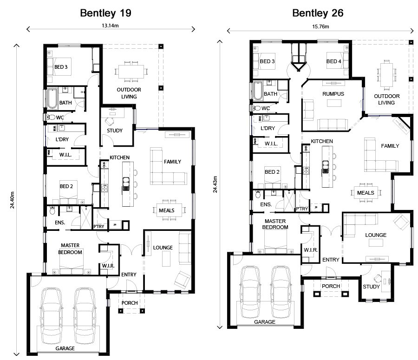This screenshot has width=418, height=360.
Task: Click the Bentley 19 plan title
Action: (x=105, y=13)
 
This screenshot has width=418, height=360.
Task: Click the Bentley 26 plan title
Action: (x=318, y=13)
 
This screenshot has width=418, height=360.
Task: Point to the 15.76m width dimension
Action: (x=320, y=26)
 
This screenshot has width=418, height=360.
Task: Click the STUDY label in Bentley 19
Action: (x=115, y=131)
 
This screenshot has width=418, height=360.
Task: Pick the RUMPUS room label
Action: (x=333, y=94)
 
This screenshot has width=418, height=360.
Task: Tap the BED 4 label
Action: (x=333, y=61)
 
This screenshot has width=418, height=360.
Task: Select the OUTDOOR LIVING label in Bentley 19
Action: (x=129, y=93)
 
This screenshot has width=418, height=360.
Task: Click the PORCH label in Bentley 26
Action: (x=331, y=286)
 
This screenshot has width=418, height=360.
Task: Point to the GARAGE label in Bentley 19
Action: (x=65, y=348)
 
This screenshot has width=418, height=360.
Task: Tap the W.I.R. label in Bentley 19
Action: (x=108, y=266)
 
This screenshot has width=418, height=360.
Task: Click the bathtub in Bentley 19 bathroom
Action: (x=51, y=98)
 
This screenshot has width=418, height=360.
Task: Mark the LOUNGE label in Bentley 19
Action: (x=163, y=248)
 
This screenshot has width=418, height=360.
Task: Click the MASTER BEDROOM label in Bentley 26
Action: (x=275, y=224)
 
